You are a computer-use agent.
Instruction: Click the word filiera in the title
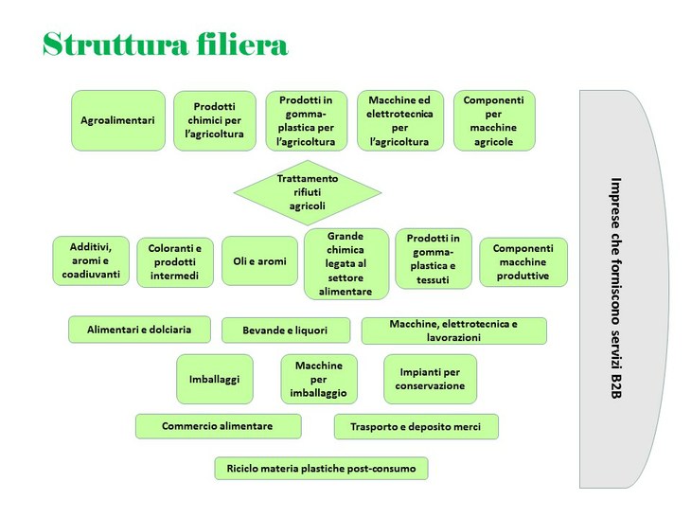tap(242, 45)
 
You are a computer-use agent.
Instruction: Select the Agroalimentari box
tap(118, 120)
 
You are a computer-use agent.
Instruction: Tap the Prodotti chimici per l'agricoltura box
tap(215, 120)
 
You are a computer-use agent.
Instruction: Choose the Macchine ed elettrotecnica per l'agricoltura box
tap(399, 120)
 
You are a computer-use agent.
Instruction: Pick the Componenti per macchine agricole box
tap(493, 120)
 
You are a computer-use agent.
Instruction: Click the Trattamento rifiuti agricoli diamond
tap(308, 192)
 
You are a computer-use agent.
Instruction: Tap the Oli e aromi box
tap(259, 261)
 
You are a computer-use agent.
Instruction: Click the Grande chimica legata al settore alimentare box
tap(345, 263)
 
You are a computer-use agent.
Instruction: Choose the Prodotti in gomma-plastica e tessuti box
tap(433, 259)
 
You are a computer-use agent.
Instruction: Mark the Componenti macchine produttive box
tap(523, 261)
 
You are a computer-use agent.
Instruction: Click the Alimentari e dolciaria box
tap(139, 330)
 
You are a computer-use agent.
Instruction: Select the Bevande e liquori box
tap(286, 330)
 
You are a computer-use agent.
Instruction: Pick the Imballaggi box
tap(215, 379)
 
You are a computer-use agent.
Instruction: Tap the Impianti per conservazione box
tap(430, 379)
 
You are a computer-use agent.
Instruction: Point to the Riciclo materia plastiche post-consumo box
tap(321, 468)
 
